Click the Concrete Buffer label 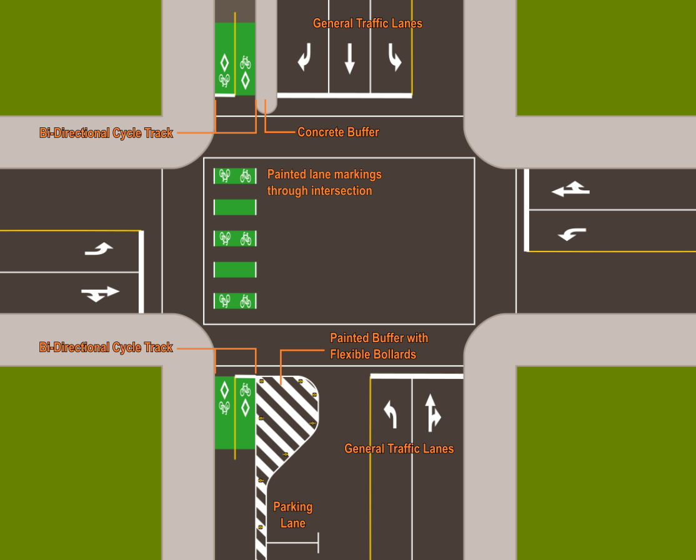pyautogui.click(x=338, y=132)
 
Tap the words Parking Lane pyautogui.click(x=292, y=515)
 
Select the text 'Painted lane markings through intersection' pyautogui.click(x=324, y=182)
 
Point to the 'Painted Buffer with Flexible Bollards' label pyautogui.click(x=379, y=346)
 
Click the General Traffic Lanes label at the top pyautogui.click(x=367, y=24)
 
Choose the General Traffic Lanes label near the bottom pyautogui.click(x=399, y=449)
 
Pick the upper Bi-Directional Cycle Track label pyautogui.click(x=106, y=133)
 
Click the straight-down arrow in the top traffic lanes pyautogui.click(x=349, y=59)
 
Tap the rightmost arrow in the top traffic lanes pyautogui.click(x=394, y=59)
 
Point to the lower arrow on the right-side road pyautogui.click(x=572, y=234)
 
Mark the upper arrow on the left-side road pyautogui.click(x=99, y=249)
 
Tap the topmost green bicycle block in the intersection pyautogui.click(x=235, y=176)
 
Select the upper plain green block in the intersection pyautogui.click(x=235, y=207)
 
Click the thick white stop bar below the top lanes pyautogui.click(x=344, y=96)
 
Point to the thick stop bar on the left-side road pyautogui.click(x=141, y=272)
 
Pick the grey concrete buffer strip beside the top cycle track pyautogui.click(x=266, y=53)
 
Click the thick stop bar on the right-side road pyautogui.click(x=527, y=210)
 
